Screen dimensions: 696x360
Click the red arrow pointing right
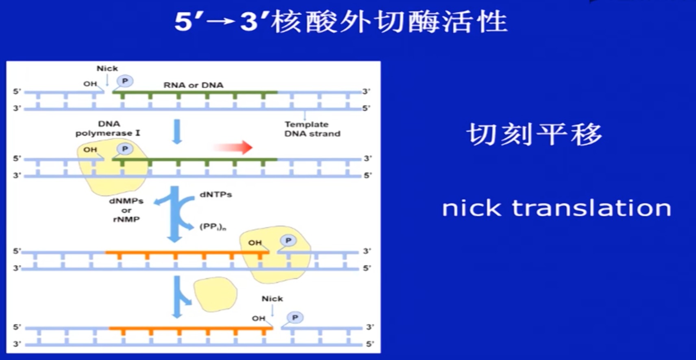pyautogui.click(x=233, y=147)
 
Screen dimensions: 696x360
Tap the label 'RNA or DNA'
pyautogui.click(x=193, y=85)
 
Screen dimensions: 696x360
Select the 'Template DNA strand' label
pyautogui.click(x=312, y=129)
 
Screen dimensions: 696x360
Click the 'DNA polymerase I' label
pyautogui.click(x=108, y=128)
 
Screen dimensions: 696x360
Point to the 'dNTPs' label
pyautogui.click(x=215, y=195)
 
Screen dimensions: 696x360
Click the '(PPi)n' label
pyautogui.click(x=213, y=227)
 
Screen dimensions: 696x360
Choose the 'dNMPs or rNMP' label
pyautogui.click(x=126, y=210)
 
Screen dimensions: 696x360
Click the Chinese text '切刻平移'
pyautogui.click(x=533, y=134)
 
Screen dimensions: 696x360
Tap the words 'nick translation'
pyautogui.click(x=556, y=208)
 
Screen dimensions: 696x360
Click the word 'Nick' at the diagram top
pyautogui.click(x=107, y=69)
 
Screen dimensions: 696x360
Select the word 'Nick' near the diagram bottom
pyautogui.click(x=272, y=299)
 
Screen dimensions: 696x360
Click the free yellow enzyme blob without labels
pyautogui.click(x=215, y=294)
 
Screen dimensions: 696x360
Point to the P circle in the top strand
pyautogui.click(x=125, y=81)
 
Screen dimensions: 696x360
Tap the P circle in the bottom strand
pyautogui.click(x=295, y=317)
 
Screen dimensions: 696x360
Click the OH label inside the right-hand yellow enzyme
pyautogui.click(x=255, y=243)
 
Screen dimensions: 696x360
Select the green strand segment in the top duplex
pyautogui.click(x=195, y=93)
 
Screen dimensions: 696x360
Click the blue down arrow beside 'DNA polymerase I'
pyautogui.click(x=177, y=131)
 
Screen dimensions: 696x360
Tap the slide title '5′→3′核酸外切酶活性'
pyautogui.click(x=341, y=22)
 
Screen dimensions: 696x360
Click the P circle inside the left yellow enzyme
pyautogui.click(x=125, y=149)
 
